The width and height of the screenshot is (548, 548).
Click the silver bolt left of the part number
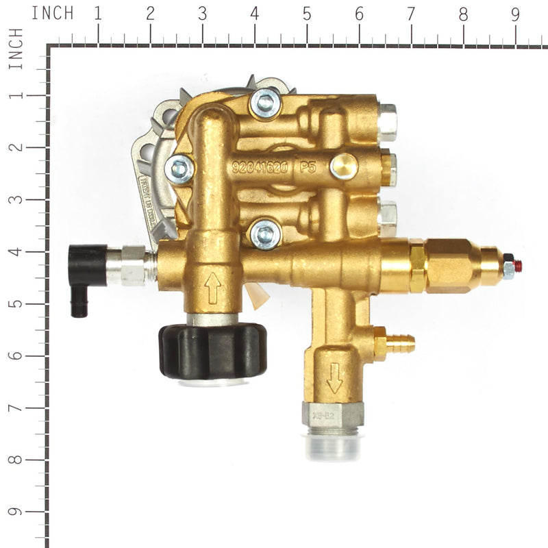182,169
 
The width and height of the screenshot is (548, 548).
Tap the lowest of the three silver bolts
265,235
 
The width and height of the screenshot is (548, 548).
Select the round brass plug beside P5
342,166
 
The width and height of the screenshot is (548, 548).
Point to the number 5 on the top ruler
306,14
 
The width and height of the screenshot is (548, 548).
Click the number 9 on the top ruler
515,14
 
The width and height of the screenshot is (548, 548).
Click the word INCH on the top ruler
52,13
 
